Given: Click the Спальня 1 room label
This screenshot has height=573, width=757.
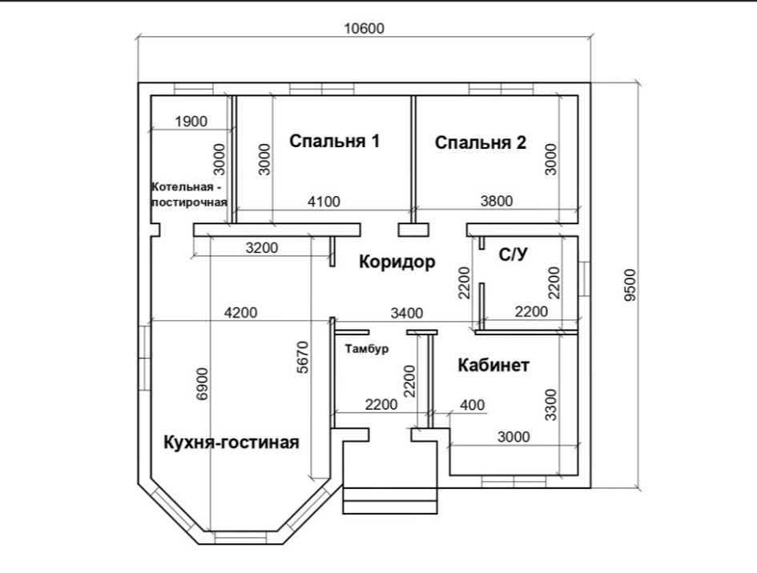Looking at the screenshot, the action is click(334, 142).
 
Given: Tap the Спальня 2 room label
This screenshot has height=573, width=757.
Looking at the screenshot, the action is click(481, 142).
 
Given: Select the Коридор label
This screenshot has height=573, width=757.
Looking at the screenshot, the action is click(396, 262).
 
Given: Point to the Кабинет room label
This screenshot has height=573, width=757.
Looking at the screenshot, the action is click(493, 366).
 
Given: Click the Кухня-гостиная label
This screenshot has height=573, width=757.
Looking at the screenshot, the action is click(232, 442).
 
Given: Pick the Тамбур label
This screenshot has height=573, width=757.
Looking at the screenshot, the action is click(366, 349).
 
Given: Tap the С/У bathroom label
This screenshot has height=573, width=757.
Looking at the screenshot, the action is click(513, 255).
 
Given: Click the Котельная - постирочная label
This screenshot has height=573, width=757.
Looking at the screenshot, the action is click(190, 194).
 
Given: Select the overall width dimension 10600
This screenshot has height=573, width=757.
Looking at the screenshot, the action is click(364, 29).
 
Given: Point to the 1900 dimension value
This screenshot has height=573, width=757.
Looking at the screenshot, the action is click(191, 122).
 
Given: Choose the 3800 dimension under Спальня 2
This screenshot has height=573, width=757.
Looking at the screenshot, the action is click(496, 202).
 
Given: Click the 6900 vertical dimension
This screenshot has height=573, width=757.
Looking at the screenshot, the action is click(202, 383).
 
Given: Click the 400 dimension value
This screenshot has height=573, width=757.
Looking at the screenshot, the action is click(473, 406).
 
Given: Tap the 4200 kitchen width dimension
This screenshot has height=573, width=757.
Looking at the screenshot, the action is click(240, 312).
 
